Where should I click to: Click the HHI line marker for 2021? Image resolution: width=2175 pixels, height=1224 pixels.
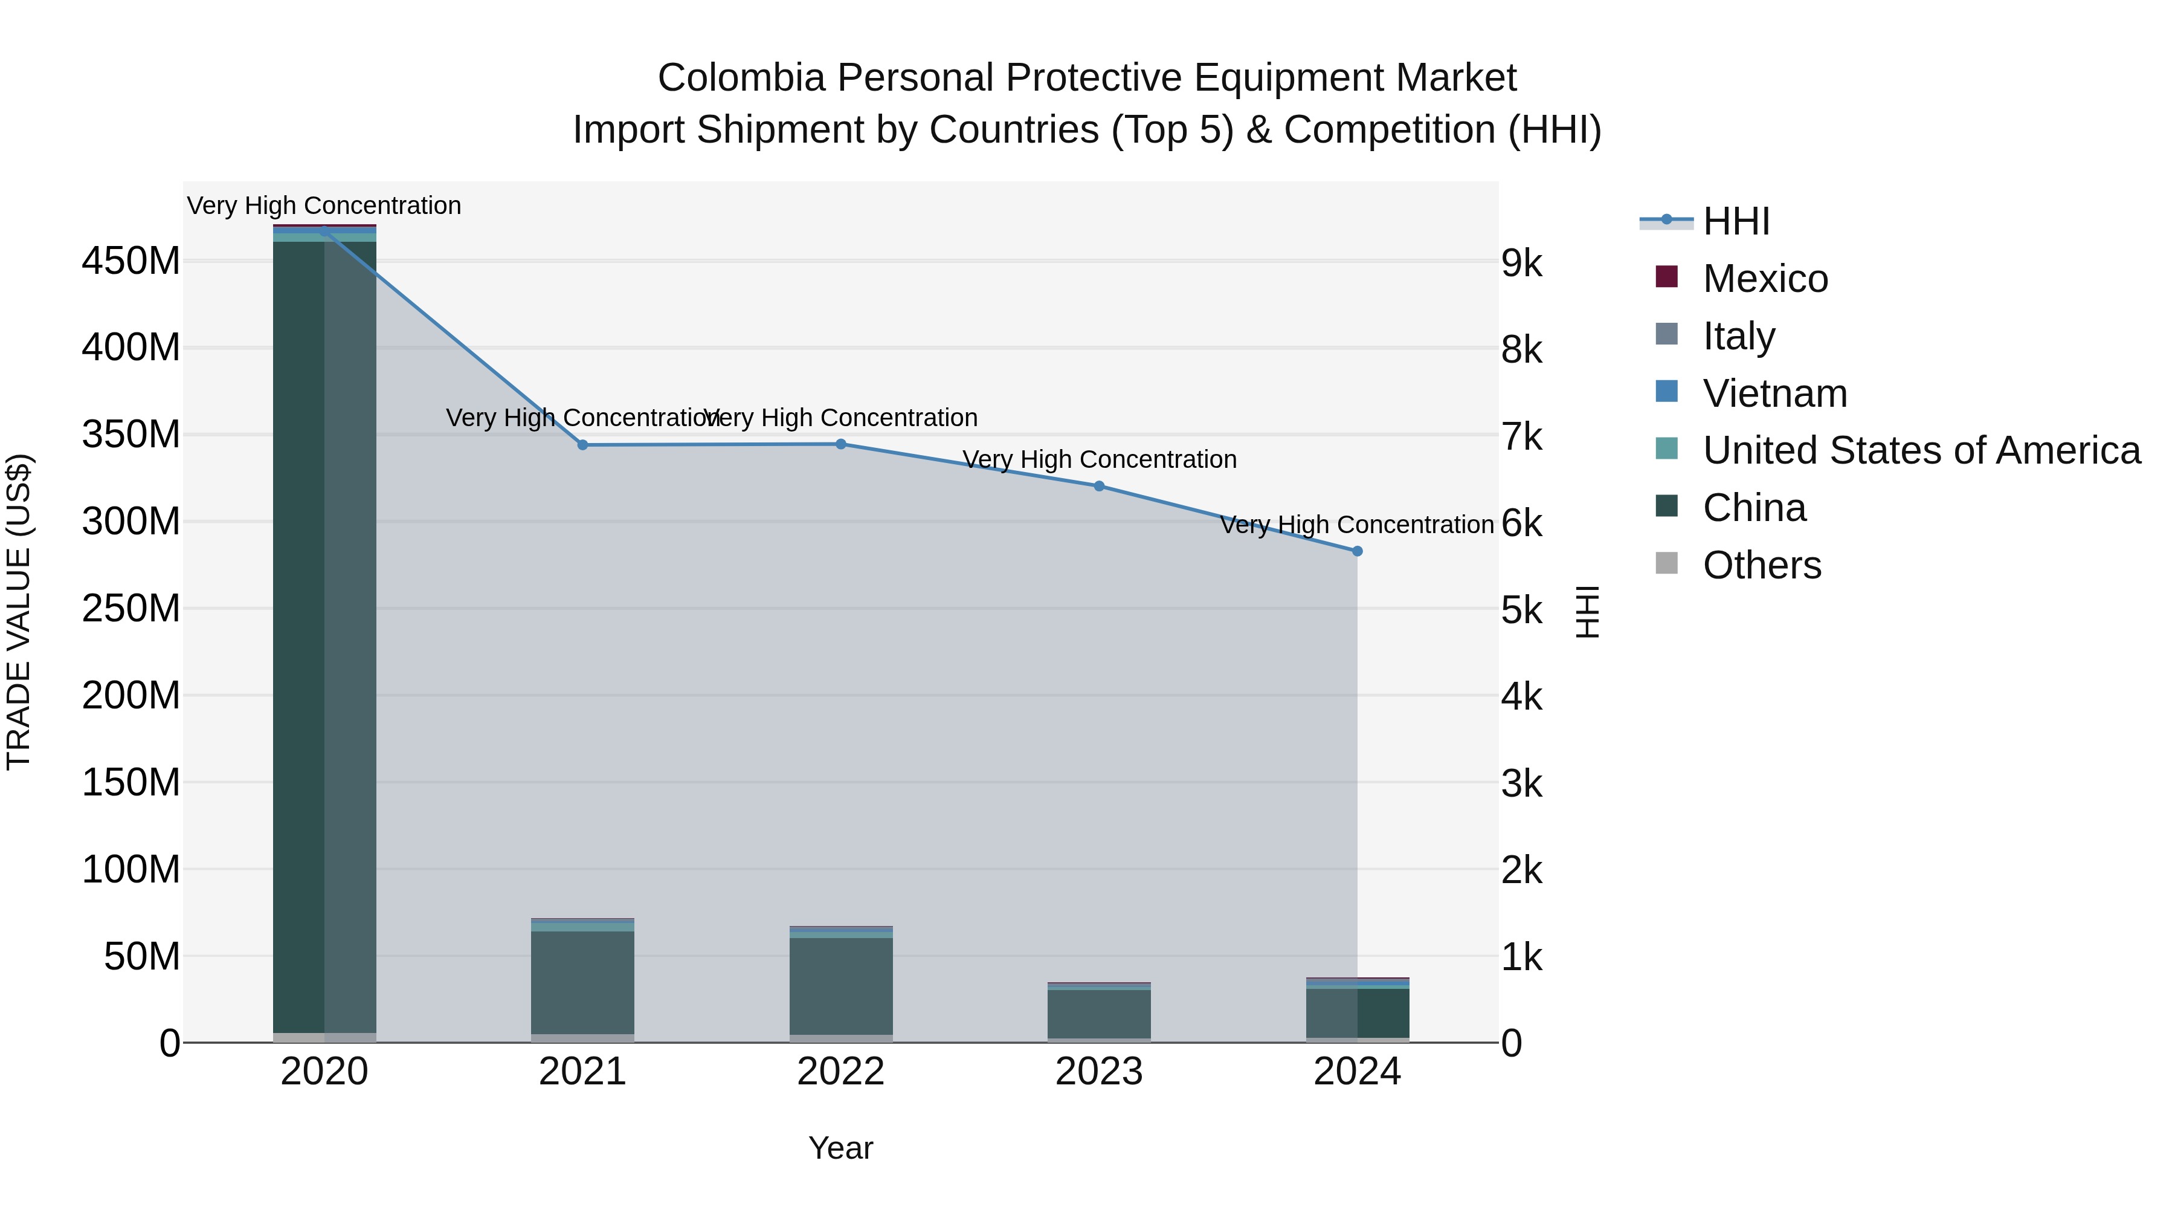point(582,445)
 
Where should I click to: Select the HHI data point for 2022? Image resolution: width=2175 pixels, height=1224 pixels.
point(841,444)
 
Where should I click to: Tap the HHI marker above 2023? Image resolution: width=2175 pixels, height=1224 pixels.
point(1100,487)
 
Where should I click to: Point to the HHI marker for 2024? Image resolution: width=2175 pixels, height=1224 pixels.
point(1358,552)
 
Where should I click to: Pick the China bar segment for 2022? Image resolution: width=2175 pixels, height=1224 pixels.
point(841,986)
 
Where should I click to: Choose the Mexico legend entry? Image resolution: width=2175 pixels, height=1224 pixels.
point(1765,279)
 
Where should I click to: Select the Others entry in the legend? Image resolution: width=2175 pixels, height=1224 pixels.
point(1761,565)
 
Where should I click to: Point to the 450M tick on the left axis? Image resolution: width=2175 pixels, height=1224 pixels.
point(131,261)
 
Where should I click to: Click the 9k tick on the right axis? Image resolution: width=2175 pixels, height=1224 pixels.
point(1521,264)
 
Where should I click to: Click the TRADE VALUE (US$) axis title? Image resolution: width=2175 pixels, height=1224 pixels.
point(19,612)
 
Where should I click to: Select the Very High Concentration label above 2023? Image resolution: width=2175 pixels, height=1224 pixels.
point(1100,459)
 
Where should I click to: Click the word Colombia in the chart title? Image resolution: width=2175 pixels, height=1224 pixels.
point(741,79)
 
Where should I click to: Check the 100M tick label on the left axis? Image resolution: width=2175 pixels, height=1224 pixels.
point(131,869)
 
